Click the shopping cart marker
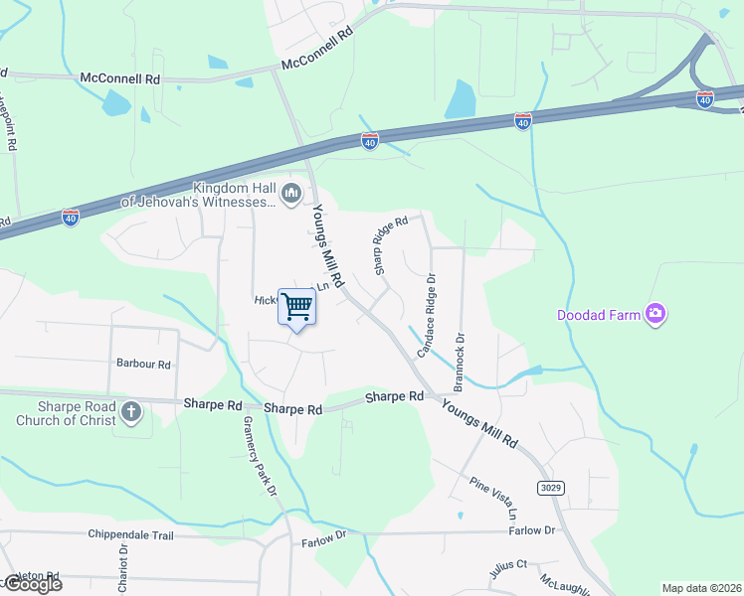pos(296,306)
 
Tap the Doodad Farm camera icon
pos(654,315)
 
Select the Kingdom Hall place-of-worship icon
pos(291,193)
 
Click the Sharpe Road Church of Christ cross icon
pos(131,410)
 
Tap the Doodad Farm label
pos(597,316)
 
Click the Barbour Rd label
pos(144,365)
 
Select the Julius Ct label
pos(507,570)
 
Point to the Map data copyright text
pos(700,588)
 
